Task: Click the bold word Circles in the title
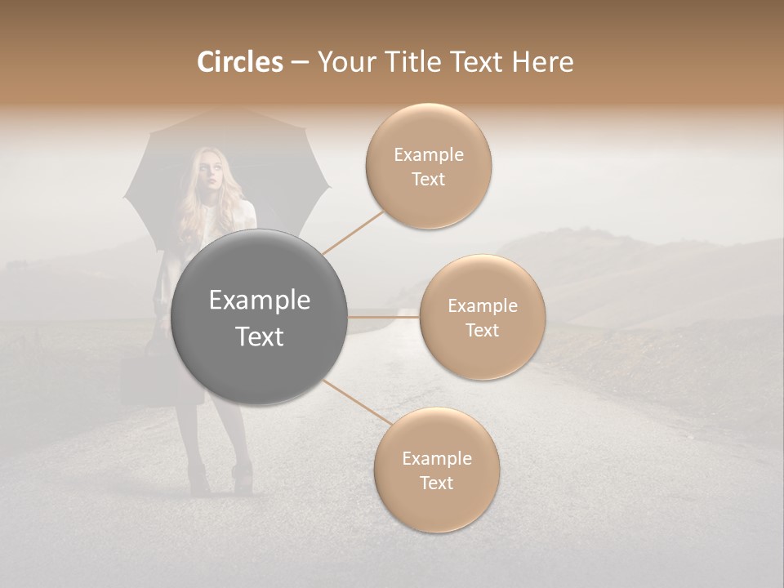(240, 62)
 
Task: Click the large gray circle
(260, 317)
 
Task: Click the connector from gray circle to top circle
(353, 233)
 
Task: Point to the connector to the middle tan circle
(384, 317)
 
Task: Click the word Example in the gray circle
(260, 301)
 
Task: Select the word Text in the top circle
(429, 179)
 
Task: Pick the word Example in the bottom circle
(436, 458)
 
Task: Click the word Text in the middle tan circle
(482, 330)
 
